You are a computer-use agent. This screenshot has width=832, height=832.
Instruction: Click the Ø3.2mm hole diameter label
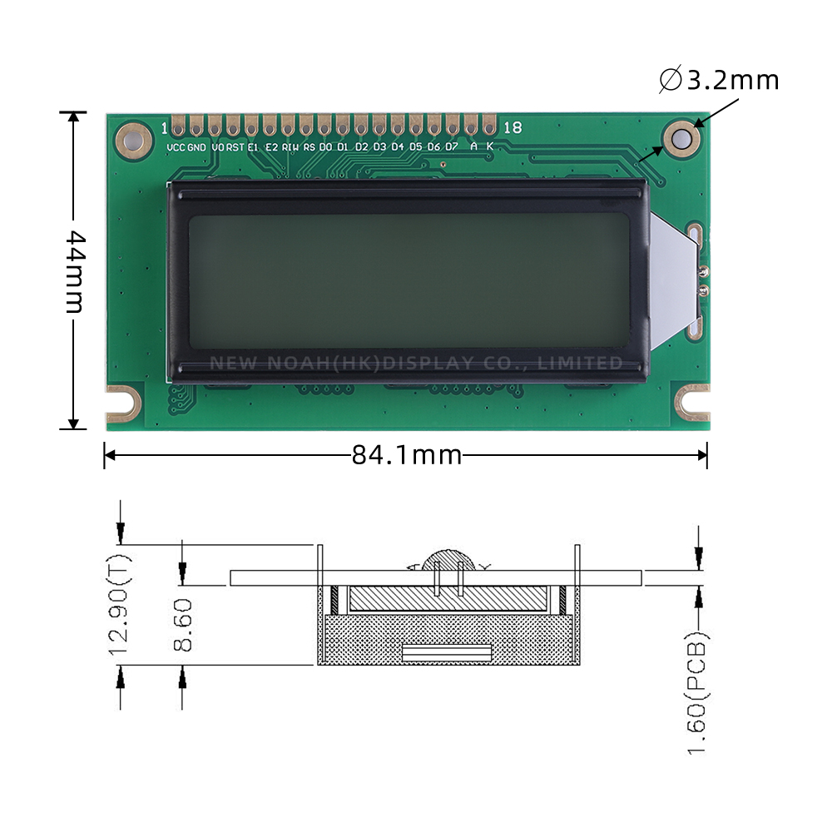coord(720,81)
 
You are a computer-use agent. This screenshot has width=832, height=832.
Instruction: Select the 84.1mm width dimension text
coord(406,455)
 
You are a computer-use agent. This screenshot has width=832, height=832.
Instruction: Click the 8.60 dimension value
coord(183,624)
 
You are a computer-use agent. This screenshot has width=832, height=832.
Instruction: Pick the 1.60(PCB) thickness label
coord(698,695)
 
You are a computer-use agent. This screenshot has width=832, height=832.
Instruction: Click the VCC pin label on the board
coord(176,147)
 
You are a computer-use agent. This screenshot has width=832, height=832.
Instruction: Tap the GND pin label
coord(196,147)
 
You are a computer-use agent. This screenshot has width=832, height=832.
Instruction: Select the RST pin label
coord(235,147)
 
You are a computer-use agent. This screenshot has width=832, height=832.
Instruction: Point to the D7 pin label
coord(451,147)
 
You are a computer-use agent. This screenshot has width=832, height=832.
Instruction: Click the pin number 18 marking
coord(513,127)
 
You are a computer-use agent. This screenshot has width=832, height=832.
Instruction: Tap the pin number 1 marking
coord(164,127)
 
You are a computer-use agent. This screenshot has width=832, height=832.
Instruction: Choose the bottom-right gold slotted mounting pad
coord(692,400)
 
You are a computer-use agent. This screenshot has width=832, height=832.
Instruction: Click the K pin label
coord(489,147)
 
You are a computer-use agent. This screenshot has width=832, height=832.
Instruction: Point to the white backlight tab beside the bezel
coord(672,279)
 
